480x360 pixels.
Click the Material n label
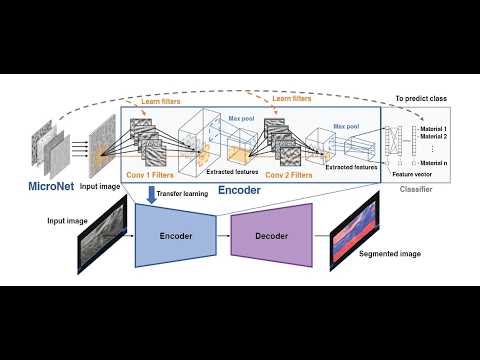click(x=431, y=163)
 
